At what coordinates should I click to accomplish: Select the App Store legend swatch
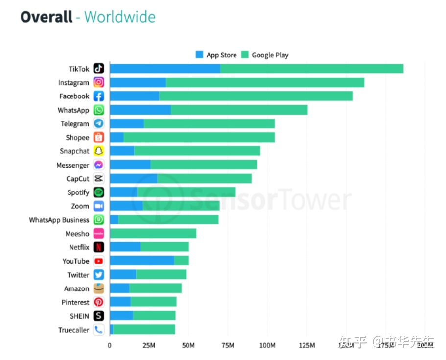pos(199,55)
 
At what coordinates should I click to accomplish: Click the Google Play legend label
pos(270,55)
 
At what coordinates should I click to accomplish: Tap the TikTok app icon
pos(99,69)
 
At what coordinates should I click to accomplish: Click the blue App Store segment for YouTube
pos(141,261)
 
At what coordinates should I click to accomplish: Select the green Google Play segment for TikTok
pos(311,69)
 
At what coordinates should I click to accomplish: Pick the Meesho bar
pos(153,234)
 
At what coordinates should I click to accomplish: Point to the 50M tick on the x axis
pos(188,345)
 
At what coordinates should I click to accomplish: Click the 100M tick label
pos(267,345)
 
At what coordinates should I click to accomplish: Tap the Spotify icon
pos(99,192)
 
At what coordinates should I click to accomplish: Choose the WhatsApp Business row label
pos(59,220)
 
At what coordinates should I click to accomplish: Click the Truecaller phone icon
pos(99,330)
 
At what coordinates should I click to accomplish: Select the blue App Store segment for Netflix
pos(125,247)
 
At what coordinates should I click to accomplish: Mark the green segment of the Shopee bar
pos(199,138)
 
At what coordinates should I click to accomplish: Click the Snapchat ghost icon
pos(99,151)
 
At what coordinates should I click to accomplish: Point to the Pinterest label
pos(75,302)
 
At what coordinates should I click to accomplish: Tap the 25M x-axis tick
pos(149,345)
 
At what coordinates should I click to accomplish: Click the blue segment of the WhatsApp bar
pos(140,110)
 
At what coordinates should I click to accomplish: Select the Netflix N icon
pos(99,247)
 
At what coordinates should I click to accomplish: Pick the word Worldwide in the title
pos(120,17)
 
